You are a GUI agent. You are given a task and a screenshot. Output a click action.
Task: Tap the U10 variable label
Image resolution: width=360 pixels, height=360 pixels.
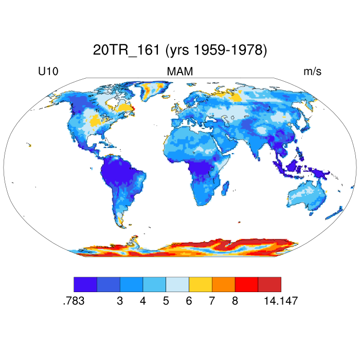point(48,72)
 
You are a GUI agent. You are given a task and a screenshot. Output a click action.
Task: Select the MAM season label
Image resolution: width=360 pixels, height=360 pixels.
point(179,72)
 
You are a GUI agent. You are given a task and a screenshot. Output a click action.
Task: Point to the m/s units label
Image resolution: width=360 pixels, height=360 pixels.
point(312,72)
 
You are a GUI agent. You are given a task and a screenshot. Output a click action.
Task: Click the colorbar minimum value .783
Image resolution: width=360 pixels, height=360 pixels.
point(73,301)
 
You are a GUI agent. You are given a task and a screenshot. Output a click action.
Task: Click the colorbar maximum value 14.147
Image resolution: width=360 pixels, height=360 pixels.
point(281,301)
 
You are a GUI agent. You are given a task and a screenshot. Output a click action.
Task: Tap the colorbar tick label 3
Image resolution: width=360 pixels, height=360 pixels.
point(120,301)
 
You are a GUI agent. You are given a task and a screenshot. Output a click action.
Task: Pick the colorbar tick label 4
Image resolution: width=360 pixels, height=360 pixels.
point(143,301)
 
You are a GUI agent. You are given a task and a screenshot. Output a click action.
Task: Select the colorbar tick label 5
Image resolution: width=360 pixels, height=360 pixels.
point(166,301)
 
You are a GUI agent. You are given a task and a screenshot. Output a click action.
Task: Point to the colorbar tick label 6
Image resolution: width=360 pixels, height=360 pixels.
point(189,301)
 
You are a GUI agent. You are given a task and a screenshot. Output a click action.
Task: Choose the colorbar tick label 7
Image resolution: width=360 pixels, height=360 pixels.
point(212,301)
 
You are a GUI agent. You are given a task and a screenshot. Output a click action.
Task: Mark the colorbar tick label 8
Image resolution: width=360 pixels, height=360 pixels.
point(235,301)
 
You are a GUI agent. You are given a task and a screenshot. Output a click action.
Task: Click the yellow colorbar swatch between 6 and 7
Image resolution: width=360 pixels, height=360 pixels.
point(201,284)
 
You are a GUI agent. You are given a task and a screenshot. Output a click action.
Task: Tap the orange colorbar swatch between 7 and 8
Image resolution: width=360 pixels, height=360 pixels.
point(223,284)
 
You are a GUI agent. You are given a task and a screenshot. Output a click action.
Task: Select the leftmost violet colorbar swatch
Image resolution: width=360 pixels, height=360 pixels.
point(85,284)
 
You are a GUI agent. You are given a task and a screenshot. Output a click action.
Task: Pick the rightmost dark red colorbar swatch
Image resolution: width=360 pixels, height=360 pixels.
point(269,284)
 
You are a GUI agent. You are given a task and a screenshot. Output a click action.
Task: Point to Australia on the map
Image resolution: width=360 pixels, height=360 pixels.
point(308,194)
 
